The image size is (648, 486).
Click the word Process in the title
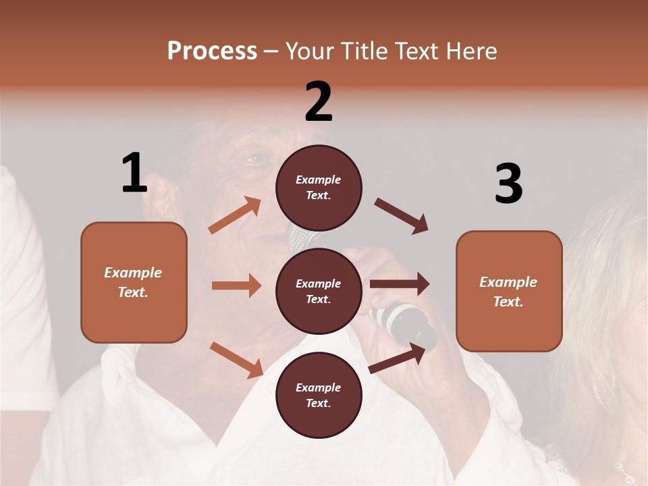(x=212, y=51)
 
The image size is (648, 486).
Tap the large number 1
(x=134, y=173)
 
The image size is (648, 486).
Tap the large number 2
(x=319, y=101)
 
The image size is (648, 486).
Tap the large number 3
(x=508, y=184)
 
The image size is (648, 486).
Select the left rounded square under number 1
(x=134, y=282)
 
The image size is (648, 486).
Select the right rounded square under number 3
(x=509, y=291)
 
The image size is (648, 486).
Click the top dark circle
(x=319, y=188)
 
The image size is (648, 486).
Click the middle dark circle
(x=319, y=291)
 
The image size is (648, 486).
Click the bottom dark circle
(x=319, y=395)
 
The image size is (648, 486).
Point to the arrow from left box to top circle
(x=235, y=215)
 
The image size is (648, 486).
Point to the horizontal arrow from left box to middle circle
(x=236, y=286)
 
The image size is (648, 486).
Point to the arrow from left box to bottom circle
(x=236, y=359)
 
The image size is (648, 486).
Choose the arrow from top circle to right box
(x=402, y=216)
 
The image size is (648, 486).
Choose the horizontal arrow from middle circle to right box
(x=400, y=284)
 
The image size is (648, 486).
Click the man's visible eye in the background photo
(x=254, y=160)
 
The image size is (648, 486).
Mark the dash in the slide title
(x=271, y=51)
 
